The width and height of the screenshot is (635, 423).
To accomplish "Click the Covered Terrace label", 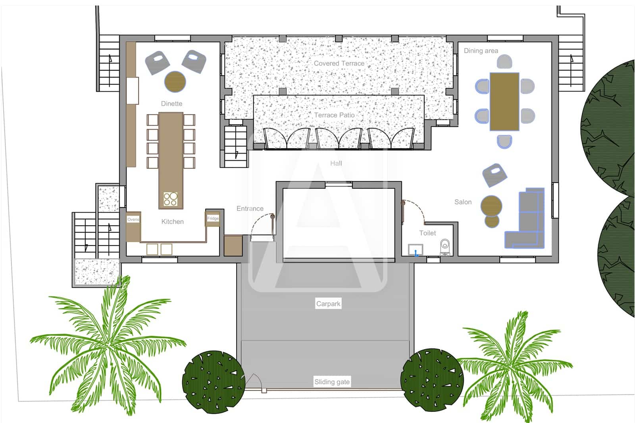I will pyautogui.click(x=339, y=63).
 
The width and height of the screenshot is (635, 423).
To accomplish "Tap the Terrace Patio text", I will pyautogui.click(x=334, y=115).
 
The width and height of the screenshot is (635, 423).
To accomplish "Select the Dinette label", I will pyautogui.click(x=171, y=104).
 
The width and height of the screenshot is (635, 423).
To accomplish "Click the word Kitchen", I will pyautogui.click(x=172, y=221).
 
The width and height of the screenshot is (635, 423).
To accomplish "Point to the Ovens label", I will pyautogui.click(x=133, y=219).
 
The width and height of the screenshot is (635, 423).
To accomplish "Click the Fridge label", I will pyautogui.click(x=213, y=219).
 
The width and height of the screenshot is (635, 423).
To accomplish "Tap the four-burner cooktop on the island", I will pyautogui.click(x=171, y=199).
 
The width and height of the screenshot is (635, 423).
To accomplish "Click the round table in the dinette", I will pyautogui.click(x=175, y=81).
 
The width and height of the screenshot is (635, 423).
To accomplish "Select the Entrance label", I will pyautogui.click(x=250, y=208).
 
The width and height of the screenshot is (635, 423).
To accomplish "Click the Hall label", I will pyautogui.click(x=336, y=163).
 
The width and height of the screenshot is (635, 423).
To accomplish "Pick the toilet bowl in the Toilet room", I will pyautogui.click(x=445, y=246).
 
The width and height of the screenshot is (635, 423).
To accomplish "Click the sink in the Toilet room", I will pyautogui.click(x=416, y=250).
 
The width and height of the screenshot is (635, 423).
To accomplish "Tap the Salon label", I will pyautogui.click(x=463, y=202).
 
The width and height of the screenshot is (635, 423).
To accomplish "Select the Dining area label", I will pyautogui.click(x=481, y=51).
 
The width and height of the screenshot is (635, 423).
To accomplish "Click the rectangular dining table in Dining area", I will pyautogui.click(x=504, y=101).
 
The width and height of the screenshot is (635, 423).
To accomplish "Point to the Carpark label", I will pyautogui.click(x=328, y=304).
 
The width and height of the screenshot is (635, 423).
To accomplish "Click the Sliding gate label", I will pyautogui.click(x=332, y=382).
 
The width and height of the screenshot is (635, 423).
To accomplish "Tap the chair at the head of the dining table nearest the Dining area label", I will pyautogui.click(x=504, y=62).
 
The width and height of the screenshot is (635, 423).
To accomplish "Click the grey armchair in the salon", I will pyautogui.click(x=495, y=175).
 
